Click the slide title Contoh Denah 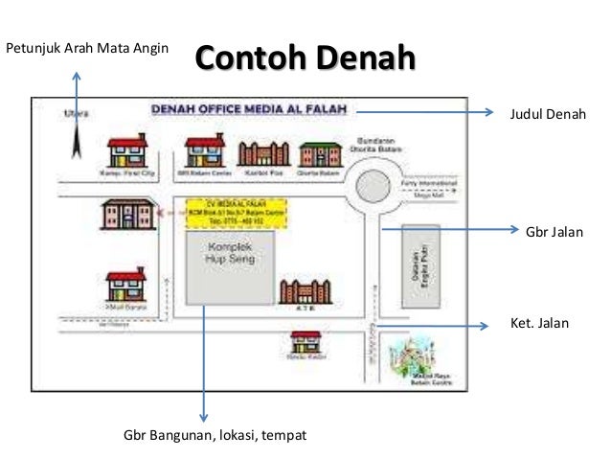coord(305,57)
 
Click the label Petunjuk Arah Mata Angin coord(87,47)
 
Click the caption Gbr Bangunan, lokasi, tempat coord(215,436)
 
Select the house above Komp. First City coord(127,151)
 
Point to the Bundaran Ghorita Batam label coord(380,144)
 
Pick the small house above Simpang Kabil coord(305,341)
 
